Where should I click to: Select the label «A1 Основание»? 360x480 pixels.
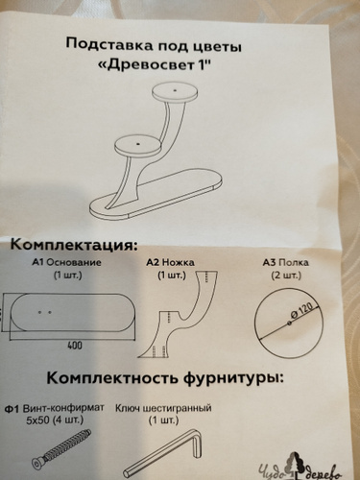click(x=66, y=263)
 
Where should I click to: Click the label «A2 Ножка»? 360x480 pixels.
click(x=171, y=263)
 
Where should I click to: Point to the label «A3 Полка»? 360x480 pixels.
click(x=285, y=263)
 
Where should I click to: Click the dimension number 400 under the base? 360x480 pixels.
click(x=75, y=346)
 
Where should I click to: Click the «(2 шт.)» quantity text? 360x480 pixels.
click(x=286, y=276)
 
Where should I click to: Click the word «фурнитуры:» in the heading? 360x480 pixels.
click(x=233, y=377)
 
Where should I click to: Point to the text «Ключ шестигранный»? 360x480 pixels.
click(x=163, y=408)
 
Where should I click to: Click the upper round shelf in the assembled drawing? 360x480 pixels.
click(x=175, y=92)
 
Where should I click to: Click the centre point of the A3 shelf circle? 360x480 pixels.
click(x=289, y=323)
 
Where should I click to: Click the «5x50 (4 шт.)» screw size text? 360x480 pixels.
click(x=55, y=420)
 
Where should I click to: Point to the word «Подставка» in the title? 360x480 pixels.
click(x=109, y=45)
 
